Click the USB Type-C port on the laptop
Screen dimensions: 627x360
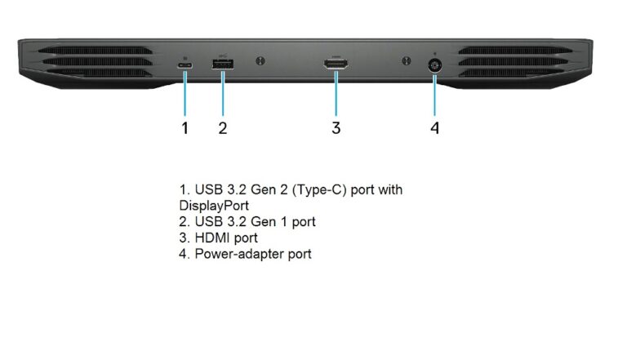(x=185, y=64)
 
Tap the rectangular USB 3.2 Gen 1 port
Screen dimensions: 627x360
(x=223, y=64)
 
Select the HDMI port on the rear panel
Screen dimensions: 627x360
(x=336, y=64)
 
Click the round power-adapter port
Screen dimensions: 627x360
(x=434, y=65)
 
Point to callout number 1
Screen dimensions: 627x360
(x=185, y=128)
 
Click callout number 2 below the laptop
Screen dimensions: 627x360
(x=223, y=128)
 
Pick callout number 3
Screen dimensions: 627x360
(x=336, y=128)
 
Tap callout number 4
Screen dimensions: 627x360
(x=434, y=128)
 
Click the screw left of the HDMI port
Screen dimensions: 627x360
(x=260, y=61)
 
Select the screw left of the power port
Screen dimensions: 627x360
(x=407, y=61)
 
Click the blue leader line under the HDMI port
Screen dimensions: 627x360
(x=336, y=93)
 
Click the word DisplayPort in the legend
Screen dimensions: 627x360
(x=214, y=206)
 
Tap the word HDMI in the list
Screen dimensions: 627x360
(x=212, y=238)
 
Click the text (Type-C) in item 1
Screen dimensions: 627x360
(x=319, y=189)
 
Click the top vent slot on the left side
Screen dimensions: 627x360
(x=96, y=51)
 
